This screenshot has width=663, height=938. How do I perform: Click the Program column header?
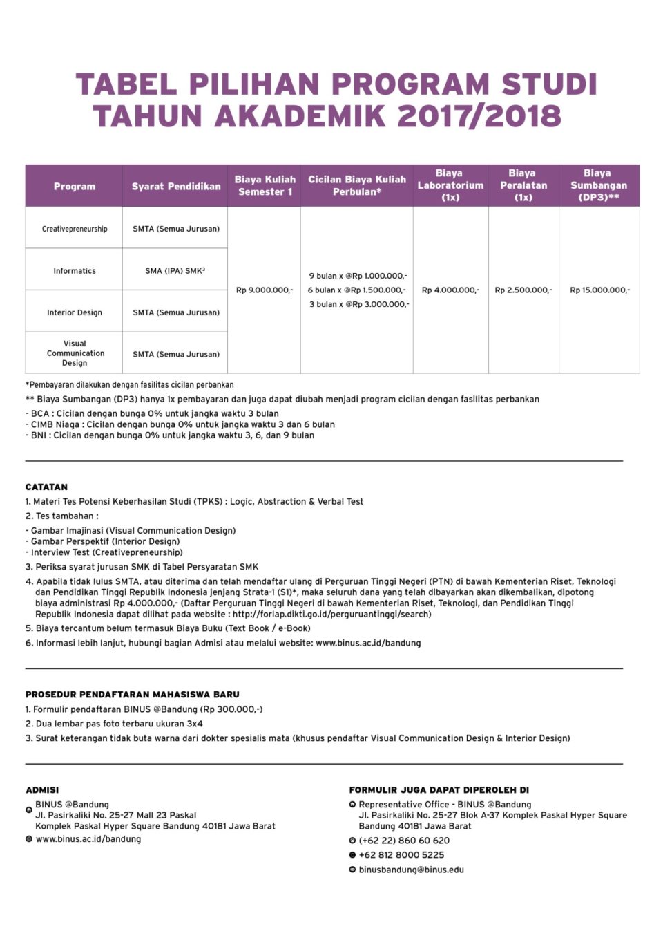pyautogui.click(x=75, y=187)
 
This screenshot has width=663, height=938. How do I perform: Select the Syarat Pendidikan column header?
pyautogui.click(x=176, y=187)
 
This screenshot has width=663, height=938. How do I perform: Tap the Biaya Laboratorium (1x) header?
pyautogui.click(x=450, y=185)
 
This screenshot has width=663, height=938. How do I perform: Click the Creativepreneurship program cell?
pyautogui.click(x=75, y=229)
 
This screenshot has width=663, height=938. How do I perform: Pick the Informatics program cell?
pyautogui.click(x=75, y=271)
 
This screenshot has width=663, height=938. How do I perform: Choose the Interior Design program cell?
pyautogui.click(x=75, y=312)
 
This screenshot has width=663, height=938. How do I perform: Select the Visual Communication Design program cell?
pyautogui.click(x=75, y=353)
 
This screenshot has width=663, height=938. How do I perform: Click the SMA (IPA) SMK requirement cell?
pyautogui.click(x=175, y=271)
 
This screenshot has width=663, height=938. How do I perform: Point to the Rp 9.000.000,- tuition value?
pyautogui.click(x=265, y=290)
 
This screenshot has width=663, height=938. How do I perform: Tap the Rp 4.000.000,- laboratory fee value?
pyautogui.click(x=450, y=290)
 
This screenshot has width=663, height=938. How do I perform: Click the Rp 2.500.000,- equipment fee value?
pyautogui.click(x=523, y=290)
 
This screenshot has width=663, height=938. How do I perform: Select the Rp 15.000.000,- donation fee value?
pyautogui.click(x=599, y=290)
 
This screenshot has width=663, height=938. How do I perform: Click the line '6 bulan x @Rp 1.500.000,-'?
pyautogui.click(x=357, y=290)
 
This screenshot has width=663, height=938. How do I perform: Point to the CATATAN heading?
pyautogui.click(x=46, y=487)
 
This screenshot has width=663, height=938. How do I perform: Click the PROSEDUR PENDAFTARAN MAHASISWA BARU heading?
pyautogui.click(x=133, y=695)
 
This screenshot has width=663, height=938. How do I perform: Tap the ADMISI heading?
pyautogui.click(x=42, y=790)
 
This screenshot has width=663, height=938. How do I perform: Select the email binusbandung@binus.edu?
pyautogui.click(x=411, y=870)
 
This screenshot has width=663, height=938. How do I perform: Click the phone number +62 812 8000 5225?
pyautogui.click(x=401, y=855)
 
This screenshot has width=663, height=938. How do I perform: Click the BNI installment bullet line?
pyautogui.click(x=171, y=435)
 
